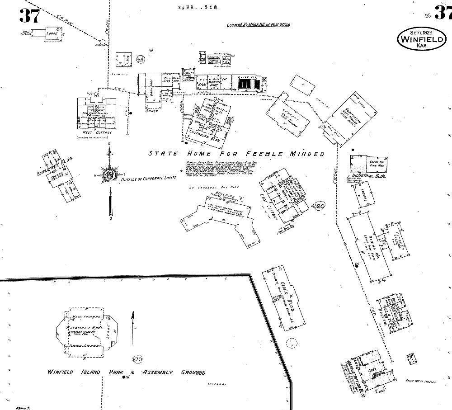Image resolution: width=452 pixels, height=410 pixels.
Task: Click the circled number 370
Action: click(137, 359)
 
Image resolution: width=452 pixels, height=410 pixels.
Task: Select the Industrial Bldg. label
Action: click(367, 175)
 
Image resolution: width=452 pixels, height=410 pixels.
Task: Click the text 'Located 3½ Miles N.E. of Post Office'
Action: click(258, 24)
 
